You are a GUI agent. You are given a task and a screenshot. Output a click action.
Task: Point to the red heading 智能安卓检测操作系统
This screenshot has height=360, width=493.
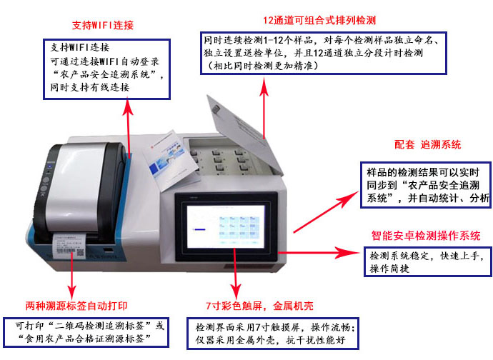(425, 235)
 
